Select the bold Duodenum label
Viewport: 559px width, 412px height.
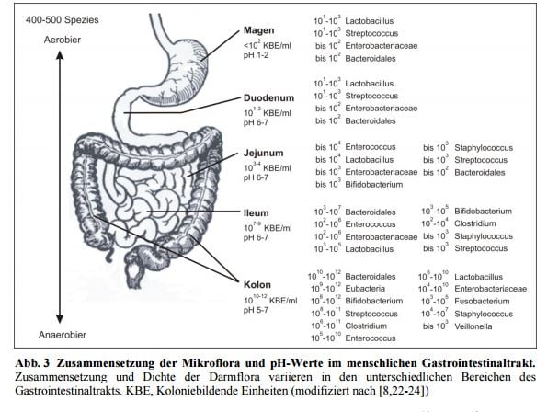(x=267, y=96)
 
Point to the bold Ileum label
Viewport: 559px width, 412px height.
(x=257, y=212)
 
